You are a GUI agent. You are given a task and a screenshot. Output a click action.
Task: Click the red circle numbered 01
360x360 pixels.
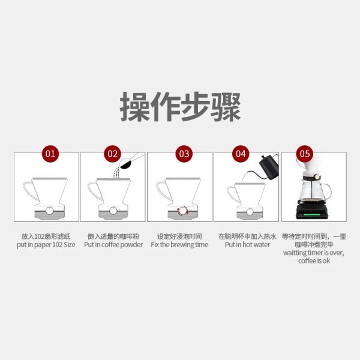(50, 154)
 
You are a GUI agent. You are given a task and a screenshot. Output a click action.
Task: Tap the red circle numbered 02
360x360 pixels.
(113, 154)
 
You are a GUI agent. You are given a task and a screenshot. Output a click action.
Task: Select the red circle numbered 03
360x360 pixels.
(184, 154)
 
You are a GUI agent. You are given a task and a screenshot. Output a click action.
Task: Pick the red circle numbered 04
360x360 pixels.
(241, 154)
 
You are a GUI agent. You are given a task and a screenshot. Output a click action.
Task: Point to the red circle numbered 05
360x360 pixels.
(305, 154)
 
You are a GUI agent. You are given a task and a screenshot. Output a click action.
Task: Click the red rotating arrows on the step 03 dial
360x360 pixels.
(182, 211)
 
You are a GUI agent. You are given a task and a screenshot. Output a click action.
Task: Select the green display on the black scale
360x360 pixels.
(311, 215)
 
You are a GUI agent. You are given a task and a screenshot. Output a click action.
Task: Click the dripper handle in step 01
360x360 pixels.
(28, 190)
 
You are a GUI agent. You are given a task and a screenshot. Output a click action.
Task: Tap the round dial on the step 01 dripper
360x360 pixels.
(50, 211)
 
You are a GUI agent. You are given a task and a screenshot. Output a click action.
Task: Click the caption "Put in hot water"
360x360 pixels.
(247, 245)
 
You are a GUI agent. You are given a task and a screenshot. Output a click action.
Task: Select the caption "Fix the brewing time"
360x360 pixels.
(179, 245)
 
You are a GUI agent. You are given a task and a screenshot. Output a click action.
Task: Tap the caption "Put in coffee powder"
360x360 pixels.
(113, 245)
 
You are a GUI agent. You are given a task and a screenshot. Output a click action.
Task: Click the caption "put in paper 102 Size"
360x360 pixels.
(46, 245)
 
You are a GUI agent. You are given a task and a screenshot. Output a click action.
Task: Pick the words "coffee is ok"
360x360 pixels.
(314, 261)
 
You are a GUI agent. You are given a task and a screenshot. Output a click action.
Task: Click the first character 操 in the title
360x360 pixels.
(135, 107)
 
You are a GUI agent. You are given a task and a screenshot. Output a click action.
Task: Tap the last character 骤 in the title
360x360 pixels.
(226, 107)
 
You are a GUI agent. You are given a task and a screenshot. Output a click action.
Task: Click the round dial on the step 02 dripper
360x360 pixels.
(113, 211)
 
